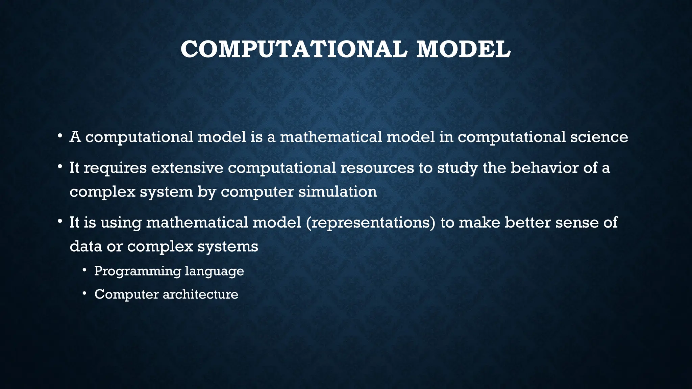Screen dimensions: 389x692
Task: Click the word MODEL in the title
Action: coord(464,50)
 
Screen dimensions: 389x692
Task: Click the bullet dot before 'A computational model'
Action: coord(59,136)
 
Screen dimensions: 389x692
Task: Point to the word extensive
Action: coord(187,168)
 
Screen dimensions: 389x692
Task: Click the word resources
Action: coord(377,168)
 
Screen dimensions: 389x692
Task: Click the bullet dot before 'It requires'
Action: coord(59,167)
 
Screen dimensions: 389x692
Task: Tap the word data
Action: coord(86,246)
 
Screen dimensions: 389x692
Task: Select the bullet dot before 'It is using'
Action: coord(59,222)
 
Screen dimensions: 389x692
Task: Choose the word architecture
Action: coord(200,294)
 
